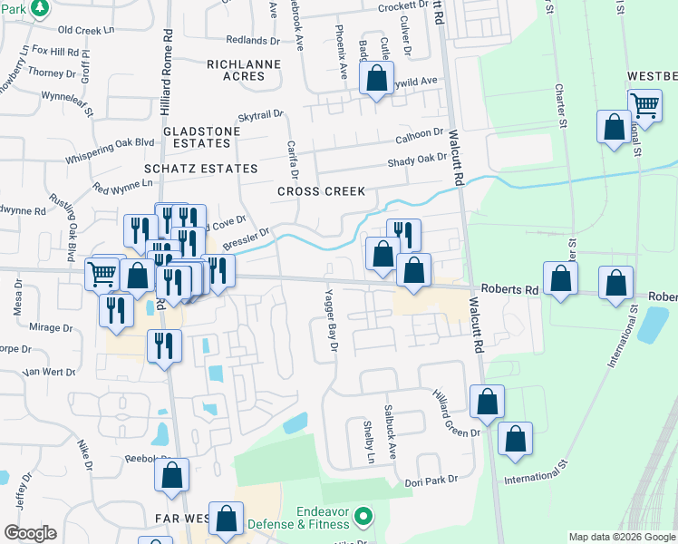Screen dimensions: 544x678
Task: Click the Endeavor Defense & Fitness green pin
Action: (363, 517)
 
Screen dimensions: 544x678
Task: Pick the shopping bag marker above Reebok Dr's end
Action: (171, 474)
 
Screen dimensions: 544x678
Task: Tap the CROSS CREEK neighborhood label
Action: (321, 191)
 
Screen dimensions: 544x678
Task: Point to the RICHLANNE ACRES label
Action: (236, 70)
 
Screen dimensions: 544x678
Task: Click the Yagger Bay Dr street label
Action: (331, 321)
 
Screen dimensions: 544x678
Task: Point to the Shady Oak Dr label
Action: (418, 160)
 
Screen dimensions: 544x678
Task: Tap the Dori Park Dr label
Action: (428, 482)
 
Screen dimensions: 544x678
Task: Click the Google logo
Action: (30, 533)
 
